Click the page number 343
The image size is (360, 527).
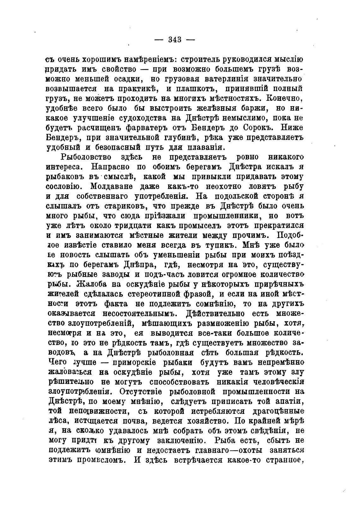tap(175, 40)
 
